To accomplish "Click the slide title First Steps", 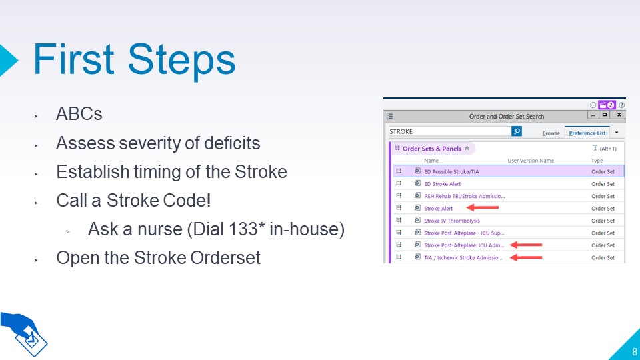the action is point(134,61).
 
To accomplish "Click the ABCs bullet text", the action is point(79,114).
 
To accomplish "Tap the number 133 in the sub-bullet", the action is point(230,229).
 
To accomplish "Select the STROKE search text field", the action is point(449,131).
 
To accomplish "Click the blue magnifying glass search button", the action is point(517,131).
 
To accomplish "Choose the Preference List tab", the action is point(587,133).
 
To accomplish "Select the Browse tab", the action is point(551,133).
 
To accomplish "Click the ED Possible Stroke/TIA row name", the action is point(451,172).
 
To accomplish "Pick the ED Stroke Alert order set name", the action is point(443,184).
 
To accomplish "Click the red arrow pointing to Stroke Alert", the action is point(483,208).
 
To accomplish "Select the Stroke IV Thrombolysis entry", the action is point(452,221).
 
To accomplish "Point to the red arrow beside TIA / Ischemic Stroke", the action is point(526,257).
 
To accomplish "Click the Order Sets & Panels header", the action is point(432,149).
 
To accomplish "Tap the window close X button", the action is point(619,115).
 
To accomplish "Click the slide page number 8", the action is point(634,351).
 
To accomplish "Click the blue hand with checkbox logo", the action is point(24,333).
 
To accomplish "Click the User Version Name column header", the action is point(531,161).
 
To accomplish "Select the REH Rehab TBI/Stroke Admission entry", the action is point(465,196).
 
